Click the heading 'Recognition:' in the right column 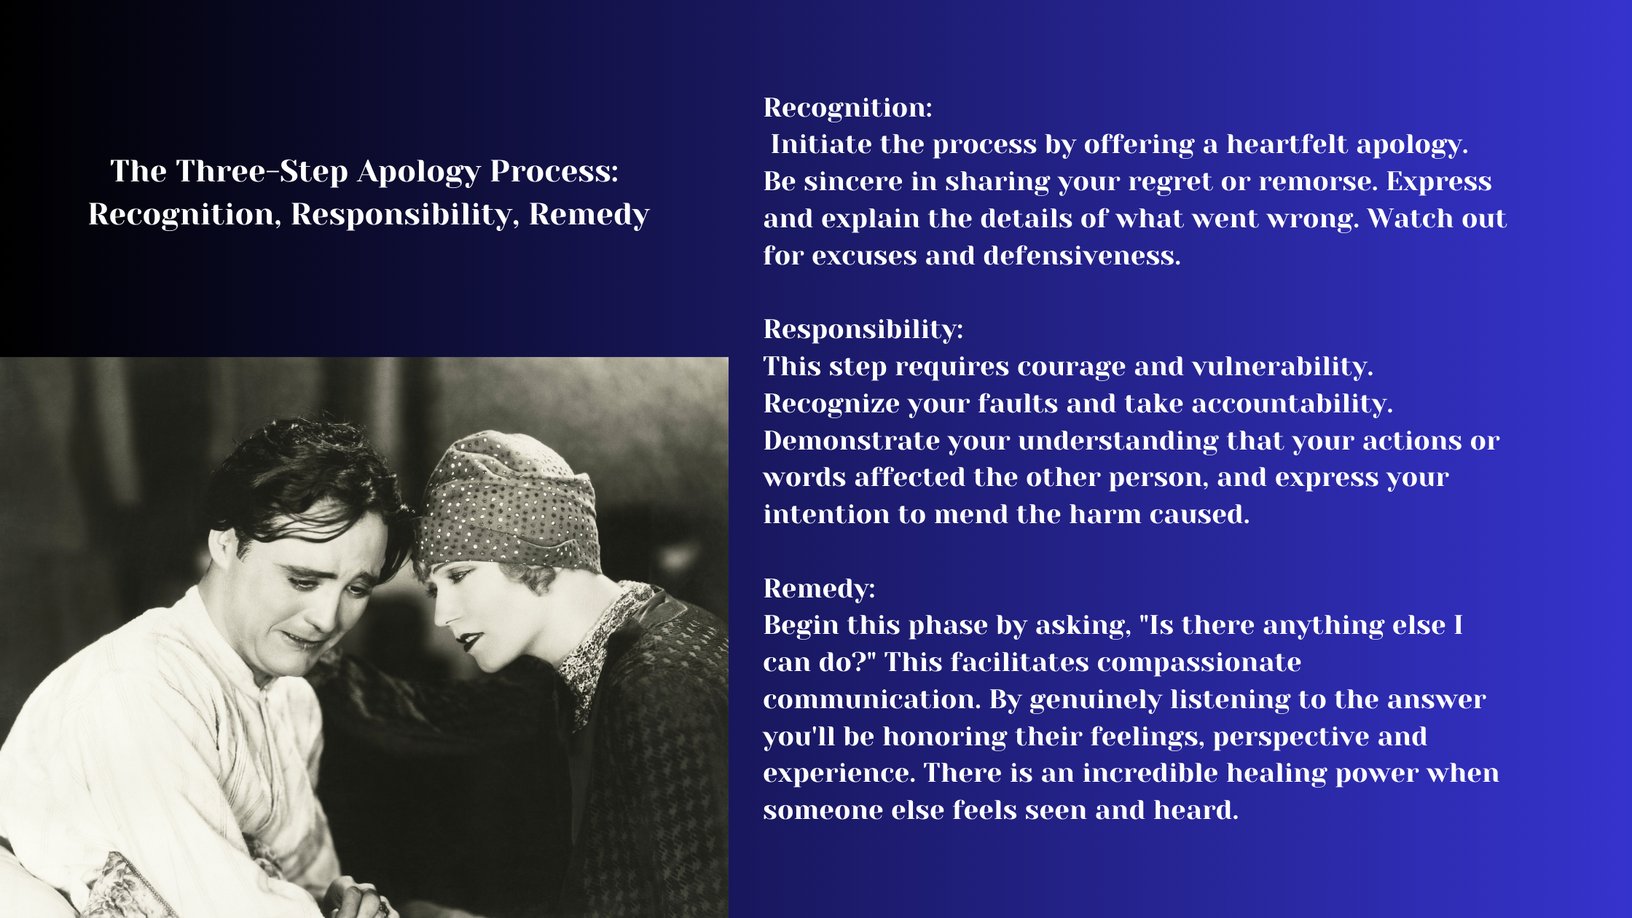pos(847,108)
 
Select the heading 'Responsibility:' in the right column pos(863,329)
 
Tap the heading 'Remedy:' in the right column pos(819,588)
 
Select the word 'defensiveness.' pos(1081,256)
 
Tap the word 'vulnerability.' pos(1282,366)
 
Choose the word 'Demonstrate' pos(851,441)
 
